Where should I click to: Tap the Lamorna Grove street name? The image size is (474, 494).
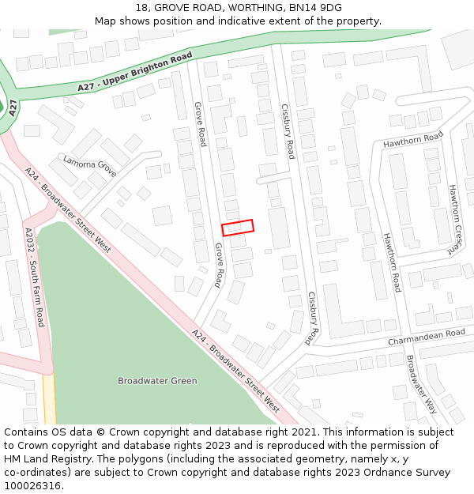point(89,167)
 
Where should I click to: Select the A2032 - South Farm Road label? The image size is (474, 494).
point(35,277)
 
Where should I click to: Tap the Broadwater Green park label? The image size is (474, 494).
point(157,381)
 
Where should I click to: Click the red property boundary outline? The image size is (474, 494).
point(238,228)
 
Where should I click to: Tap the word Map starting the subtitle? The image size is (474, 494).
point(105,21)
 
